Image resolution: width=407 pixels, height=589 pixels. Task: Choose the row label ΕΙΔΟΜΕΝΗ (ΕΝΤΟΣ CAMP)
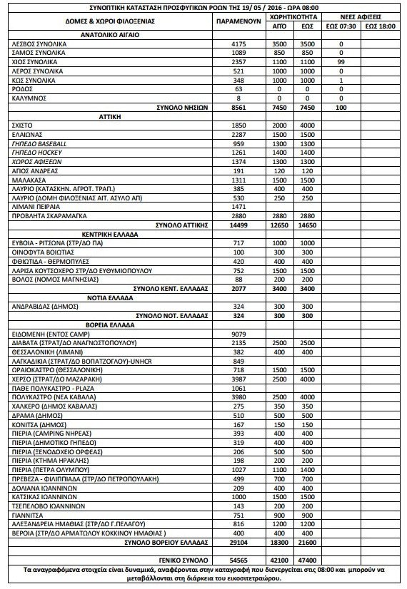(x=50, y=334)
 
